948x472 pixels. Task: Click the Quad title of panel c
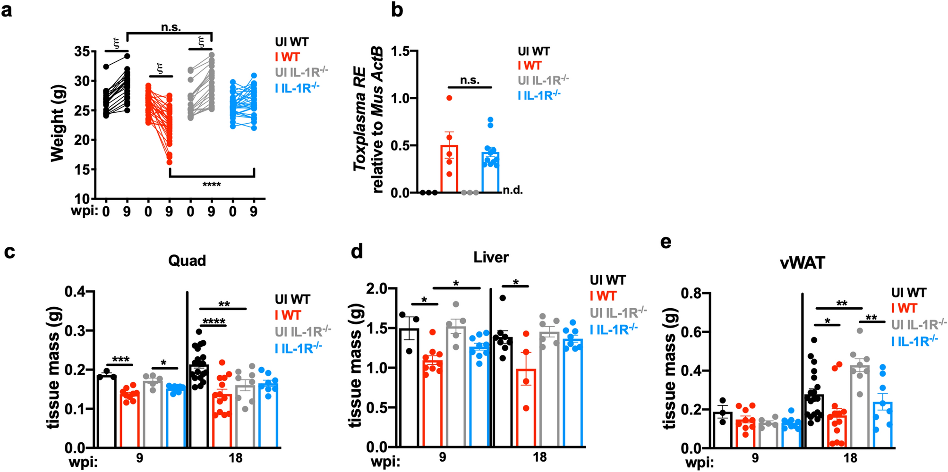(x=187, y=261)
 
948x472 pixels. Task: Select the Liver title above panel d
(x=491, y=257)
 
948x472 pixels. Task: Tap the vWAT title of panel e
(x=803, y=263)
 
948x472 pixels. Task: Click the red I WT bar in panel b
(x=449, y=170)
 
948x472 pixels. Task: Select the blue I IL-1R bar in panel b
(x=490, y=173)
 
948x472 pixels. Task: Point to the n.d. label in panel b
(x=512, y=190)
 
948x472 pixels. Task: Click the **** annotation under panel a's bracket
(x=212, y=185)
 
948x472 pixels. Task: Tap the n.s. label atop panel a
(x=171, y=27)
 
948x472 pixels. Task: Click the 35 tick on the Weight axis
(x=82, y=51)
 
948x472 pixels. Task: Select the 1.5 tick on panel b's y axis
(x=400, y=51)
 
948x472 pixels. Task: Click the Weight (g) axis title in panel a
(x=57, y=123)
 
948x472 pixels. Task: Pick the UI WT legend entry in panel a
(x=291, y=42)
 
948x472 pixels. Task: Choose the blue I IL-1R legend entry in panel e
(x=914, y=341)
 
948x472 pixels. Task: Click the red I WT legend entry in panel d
(x=603, y=296)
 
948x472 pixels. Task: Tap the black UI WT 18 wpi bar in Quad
(x=199, y=406)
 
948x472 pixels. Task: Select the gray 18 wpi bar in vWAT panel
(x=859, y=406)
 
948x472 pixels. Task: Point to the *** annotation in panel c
(x=120, y=360)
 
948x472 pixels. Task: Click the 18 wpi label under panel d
(x=539, y=457)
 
